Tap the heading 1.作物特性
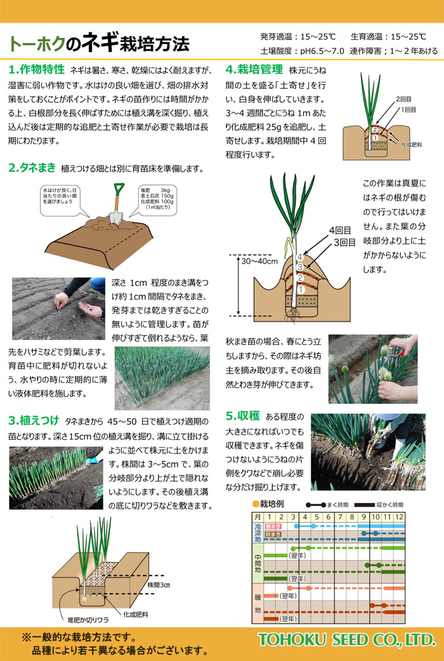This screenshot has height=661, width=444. (x=37, y=70)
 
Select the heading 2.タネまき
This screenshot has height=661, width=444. (x=32, y=168)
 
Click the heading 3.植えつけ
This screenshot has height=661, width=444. (x=34, y=420)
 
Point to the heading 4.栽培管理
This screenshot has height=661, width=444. (x=254, y=70)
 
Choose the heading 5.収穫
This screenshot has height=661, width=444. (x=243, y=416)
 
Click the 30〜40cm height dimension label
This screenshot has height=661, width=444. (x=259, y=262)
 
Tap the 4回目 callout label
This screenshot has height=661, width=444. (x=340, y=230)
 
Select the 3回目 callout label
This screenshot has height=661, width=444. (x=344, y=243)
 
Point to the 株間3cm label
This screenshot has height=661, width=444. (x=159, y=585)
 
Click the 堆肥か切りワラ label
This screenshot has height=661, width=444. (x=88, y=620)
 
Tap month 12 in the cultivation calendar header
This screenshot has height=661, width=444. (x=399, y=517)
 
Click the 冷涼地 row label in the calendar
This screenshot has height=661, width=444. (x=258, y=533)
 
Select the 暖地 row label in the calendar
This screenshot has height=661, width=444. (x=258, y=604)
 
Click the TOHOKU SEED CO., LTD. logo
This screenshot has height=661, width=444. (x=347, y=640)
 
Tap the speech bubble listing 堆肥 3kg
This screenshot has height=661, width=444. (x=157, y=200)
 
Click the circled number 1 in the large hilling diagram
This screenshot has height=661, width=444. (x=301, y=290)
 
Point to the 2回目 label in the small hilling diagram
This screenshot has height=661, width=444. (x=403, y=99)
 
